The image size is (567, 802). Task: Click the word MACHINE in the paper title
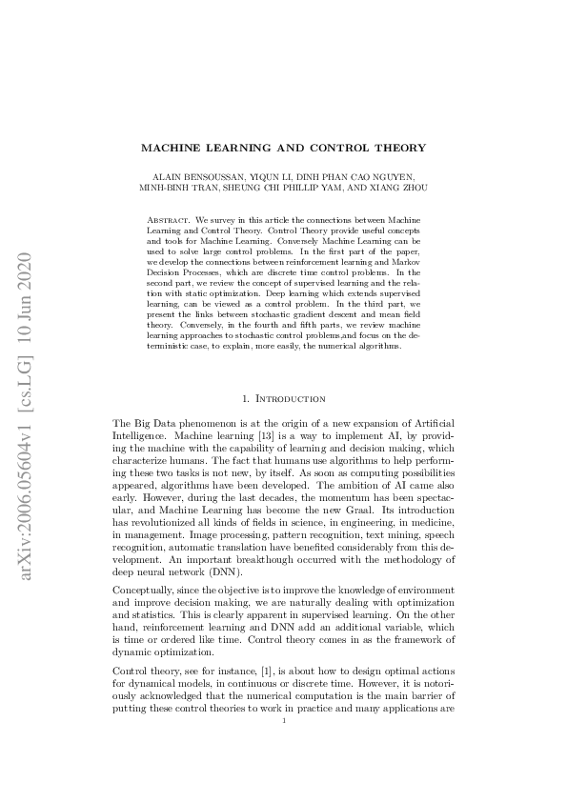coord(170,149)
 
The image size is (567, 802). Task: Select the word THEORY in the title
coord(399,149)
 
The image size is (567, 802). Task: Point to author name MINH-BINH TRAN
coord(178,188)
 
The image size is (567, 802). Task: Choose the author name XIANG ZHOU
coord(403,188)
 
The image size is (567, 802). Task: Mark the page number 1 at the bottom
coord(284,749)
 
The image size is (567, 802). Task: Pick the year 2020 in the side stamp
coord(28,269)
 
